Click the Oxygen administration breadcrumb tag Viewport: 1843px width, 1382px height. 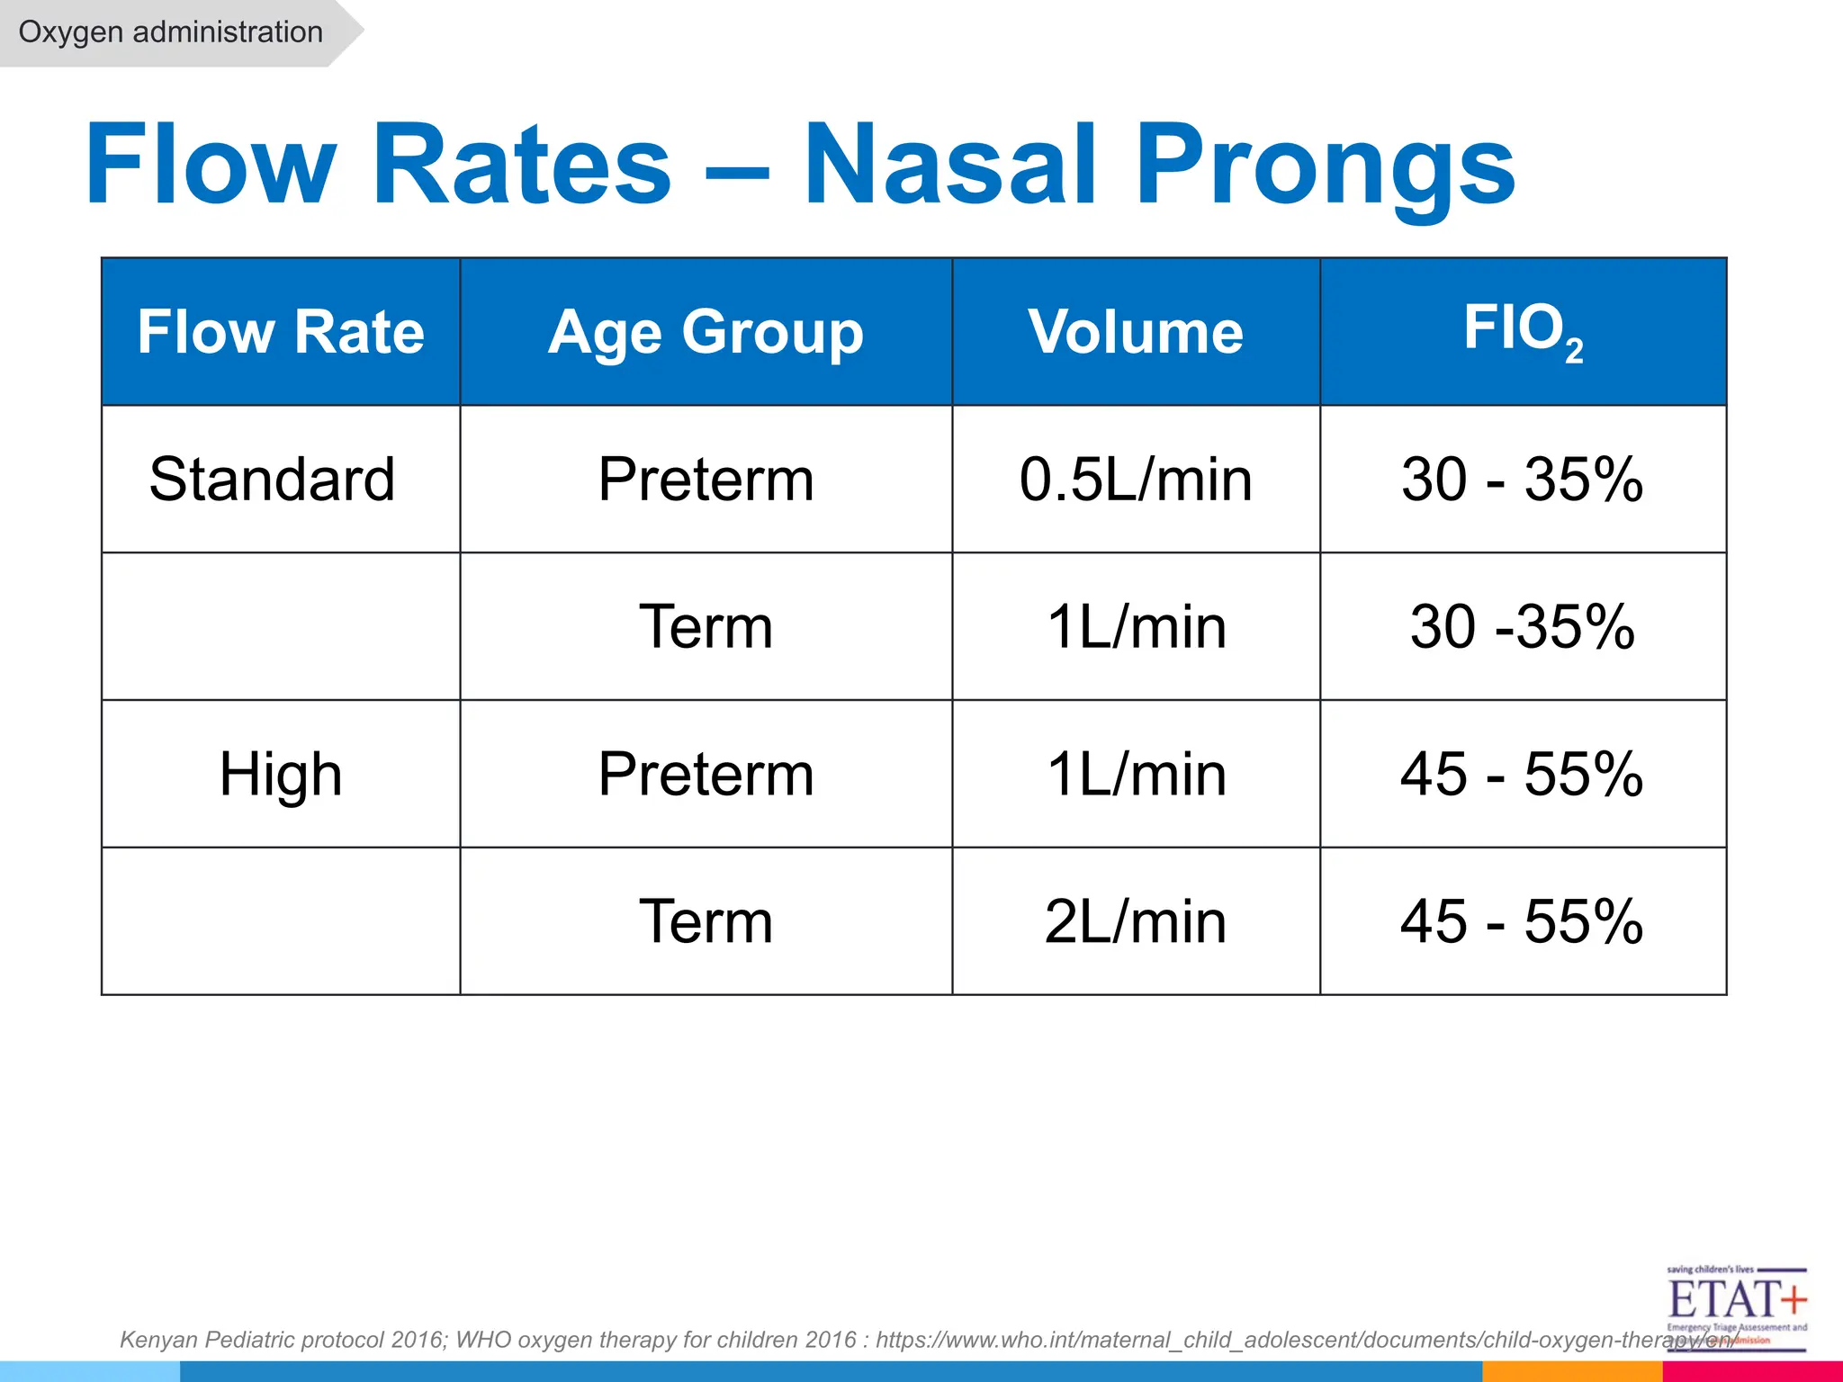tap(171, 32)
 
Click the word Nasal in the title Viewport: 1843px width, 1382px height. tap(949, 165)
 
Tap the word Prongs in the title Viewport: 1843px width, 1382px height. tap(1325, 165)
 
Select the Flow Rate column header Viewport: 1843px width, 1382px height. tap(281, 332)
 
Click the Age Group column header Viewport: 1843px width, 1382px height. tap(706, 332)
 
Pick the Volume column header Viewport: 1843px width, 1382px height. tap(1136, 332)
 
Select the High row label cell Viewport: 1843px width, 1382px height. tap(281, 774)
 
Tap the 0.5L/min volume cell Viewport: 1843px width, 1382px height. tap(1136, 479)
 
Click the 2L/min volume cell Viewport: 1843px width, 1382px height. tap(1136, 921)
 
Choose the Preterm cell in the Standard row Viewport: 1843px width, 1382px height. tap(706, 479)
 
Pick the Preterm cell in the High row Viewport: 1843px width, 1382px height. tap(706, 774)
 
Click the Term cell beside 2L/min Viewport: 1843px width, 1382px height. tap(706, 921)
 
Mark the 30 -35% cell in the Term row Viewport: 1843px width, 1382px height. tap(1523, 626)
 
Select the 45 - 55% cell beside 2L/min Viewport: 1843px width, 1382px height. tap(1523, 921)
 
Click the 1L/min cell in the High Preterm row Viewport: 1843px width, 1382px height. tap(1136, 774)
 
